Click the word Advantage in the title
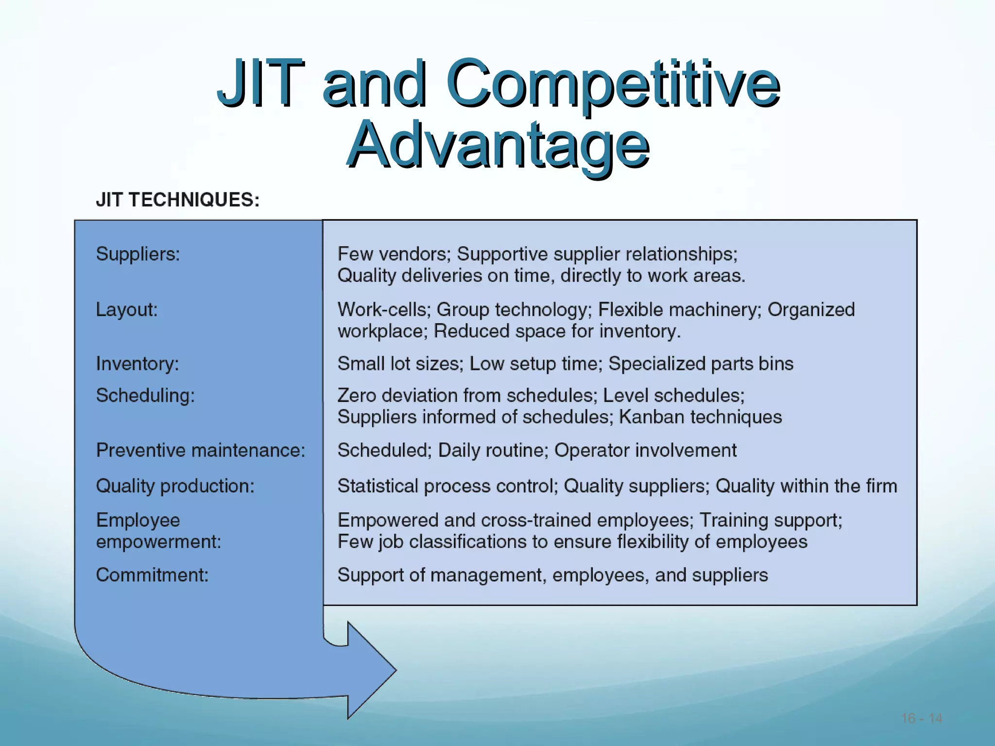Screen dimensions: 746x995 pyautogui.click(x=497, y=145)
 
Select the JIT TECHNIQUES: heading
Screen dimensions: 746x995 pyautogui.click(x=178, y=200)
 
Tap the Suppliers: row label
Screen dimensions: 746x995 pyautogui.click(x=138, y=254)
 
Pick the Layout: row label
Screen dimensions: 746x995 pyautogui.click(x=127, y=309)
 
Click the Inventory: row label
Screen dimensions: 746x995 pyautogui.click(x=137, y=364)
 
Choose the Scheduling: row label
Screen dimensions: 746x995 pyautogui.click(x=145, y=395)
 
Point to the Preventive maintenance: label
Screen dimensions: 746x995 pyautogui.click(x=201, y=450)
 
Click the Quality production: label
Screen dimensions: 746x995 pyautogui.click(x=175, y=486)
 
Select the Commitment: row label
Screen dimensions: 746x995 pyautogui.click(x=152, y=575)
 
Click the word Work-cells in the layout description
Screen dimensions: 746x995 pyautogui.click(x=382, y=309)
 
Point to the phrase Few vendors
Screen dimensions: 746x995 pyautogui.click(x=394, y=254)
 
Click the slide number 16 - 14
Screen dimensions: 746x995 pyautogui.click(x=922, y=718)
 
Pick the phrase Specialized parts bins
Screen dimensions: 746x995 pyautogui.click(x=701, y=364)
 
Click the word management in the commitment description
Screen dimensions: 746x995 pyautogui.click(x=486, y=576)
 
